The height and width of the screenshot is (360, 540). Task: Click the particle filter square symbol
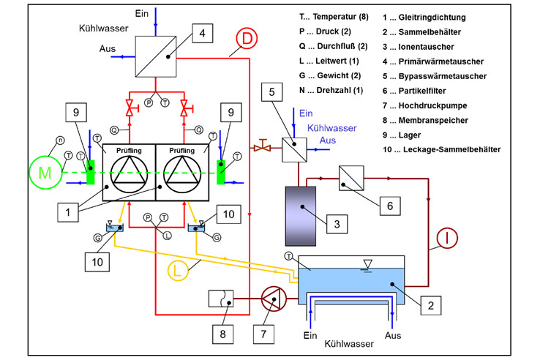351,178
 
